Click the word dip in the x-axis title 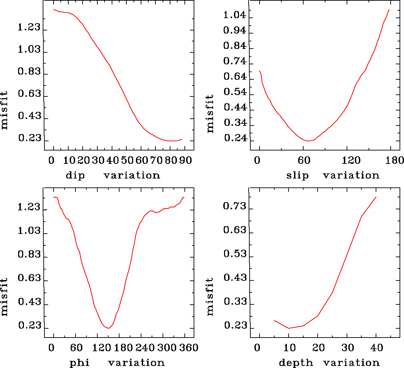pyautogui.click(x=75, y=175)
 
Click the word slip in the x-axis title pyautogui.click(x=297, y=175)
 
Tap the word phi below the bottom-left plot pyautogui.click(x=80, y=363)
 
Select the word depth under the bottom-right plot pyautogui.click(x=296, y=363)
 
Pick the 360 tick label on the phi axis pyautogui.click(x=189, y=348)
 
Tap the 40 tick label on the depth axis pyautogui.click(x=377, y=348)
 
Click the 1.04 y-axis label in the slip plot pyautogui.click(x=235, y=15)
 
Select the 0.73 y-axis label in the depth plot pyautogui.click(x=235, y=206)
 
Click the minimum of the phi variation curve pyautogui.click(x=109, y=328)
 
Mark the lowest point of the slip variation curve pyautogui.click(x=309, y=141)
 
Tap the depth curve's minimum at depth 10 pyautogui.click(x=289, y=328)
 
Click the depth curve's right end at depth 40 pyautogui.click(x=376, y=197)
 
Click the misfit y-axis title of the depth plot pyautogui.click(x=210, y=297)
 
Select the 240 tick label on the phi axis pyautogui.click(x=145, y=348)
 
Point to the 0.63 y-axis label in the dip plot pyautogui.click(x=29, y=94)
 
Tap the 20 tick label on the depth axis pyautogui.click(x=319, y=348)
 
